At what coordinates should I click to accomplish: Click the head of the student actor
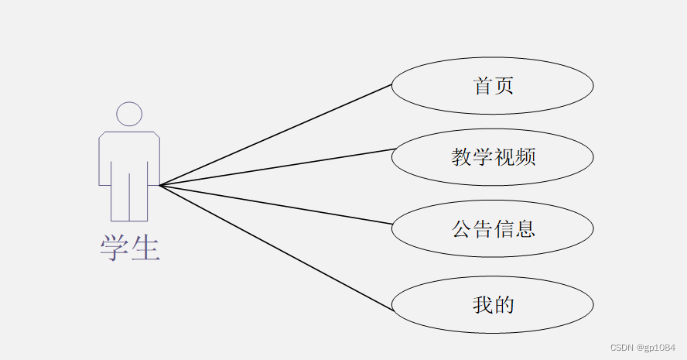[129, 114]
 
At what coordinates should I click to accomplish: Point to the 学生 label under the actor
[129, 248]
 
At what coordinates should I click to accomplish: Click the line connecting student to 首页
[275, 135]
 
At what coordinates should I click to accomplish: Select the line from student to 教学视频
[275, 166]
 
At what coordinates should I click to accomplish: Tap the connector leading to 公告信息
[275, 204]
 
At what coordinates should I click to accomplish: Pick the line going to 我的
[275, 248]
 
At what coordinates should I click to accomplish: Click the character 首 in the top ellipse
[483, 86]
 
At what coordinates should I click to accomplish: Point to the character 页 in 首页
[504, 86]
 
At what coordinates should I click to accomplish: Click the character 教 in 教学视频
[461, 157]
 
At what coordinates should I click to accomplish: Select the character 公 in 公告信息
[461, 229]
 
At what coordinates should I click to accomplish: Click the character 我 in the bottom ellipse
[483, 304]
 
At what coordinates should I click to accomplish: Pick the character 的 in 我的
[504, 304]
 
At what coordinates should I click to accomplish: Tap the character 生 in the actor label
[145, 248]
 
